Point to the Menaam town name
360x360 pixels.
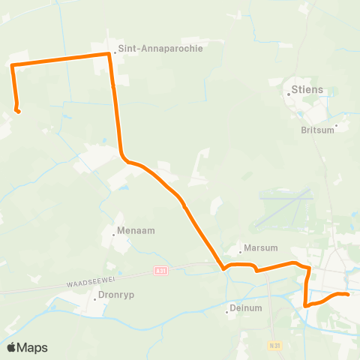[x=136, y=231]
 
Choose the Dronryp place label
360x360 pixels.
[x=114, y=296]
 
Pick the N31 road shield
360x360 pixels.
[x=274, y=345]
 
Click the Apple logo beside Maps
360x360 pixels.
[x=12, y=347]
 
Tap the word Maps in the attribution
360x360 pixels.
[x=32, y=347]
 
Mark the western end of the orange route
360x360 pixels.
[x=18, y=112]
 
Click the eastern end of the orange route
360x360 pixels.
[x=348, y=295]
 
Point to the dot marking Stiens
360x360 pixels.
[x=291, y=94]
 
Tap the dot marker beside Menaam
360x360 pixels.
[x=114, y=234]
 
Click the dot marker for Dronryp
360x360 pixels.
[x=95, y=299]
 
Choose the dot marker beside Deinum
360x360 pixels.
[x=227, y=310]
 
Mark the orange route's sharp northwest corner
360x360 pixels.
[x=13, y=67]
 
